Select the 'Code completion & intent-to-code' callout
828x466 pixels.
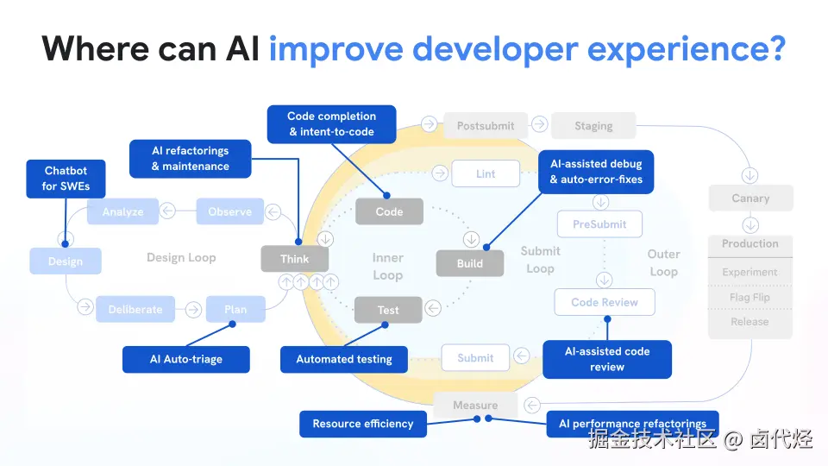coord(331,124)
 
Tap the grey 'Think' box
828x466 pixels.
coord(295,259)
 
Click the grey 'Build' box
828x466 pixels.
coord(469,263)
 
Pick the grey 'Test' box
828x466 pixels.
coord(388,310)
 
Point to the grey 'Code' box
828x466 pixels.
coord(389,211)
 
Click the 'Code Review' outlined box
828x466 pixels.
coord(604,302)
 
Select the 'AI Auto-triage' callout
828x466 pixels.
coord(185,359)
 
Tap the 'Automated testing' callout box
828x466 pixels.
coord(344,359)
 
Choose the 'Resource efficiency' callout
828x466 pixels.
coord(363,424)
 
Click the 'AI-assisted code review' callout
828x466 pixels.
coord(606,359)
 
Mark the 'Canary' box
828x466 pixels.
coord(750,198)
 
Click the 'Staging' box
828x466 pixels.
coord(593,126)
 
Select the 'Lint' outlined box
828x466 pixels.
coord(486,173)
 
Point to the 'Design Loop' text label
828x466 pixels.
coord(181,257)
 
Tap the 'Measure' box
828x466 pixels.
coord(475,405)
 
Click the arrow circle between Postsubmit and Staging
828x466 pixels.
coord(539,124)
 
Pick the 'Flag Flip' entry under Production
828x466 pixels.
coord(750,297)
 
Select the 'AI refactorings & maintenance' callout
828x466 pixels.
coord(190,159)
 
